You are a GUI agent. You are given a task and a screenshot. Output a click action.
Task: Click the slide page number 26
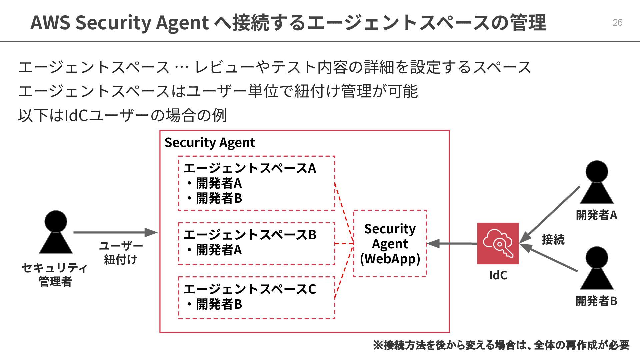(x=617, y=22)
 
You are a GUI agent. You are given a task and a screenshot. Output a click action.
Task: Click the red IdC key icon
(x=498, y=243)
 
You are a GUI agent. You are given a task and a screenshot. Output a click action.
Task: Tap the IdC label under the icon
(x=498, y=275)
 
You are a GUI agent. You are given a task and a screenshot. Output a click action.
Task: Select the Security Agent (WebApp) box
(x=390, y=244)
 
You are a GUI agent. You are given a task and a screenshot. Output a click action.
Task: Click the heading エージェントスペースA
(x=250, y=168)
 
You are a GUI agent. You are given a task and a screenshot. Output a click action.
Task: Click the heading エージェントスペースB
(x=250, y=235)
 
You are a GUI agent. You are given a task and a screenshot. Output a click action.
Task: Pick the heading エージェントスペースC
(x=250, y=289)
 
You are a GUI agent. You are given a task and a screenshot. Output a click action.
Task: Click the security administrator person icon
(x=56, y=232)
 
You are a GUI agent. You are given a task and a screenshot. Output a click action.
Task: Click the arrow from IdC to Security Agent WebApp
(x=452, y=244)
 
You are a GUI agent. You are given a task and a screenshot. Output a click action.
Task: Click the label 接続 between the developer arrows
(x=553, y=240)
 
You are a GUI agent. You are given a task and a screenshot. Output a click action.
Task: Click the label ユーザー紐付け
(x=121, y=253)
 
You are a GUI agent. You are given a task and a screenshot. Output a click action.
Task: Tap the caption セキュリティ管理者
(x=55, y=274)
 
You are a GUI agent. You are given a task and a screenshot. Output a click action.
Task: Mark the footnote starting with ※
(x=501, y=345)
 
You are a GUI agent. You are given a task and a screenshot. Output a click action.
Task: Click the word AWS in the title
(x=50, y=23)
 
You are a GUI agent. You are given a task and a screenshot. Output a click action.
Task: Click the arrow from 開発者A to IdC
(x=550, y=214)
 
